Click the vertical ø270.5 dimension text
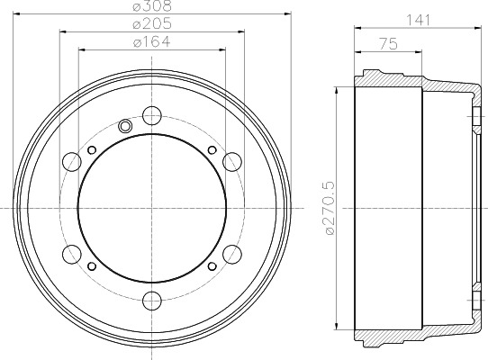coord(330,206)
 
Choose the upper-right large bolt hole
coord(231,161)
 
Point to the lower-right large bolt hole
coord(231,253)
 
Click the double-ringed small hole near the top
coord(125,125)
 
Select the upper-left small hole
coord(93,149)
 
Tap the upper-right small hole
coord(211,149)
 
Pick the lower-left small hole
coord(93,265)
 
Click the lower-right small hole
coord(211,265)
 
